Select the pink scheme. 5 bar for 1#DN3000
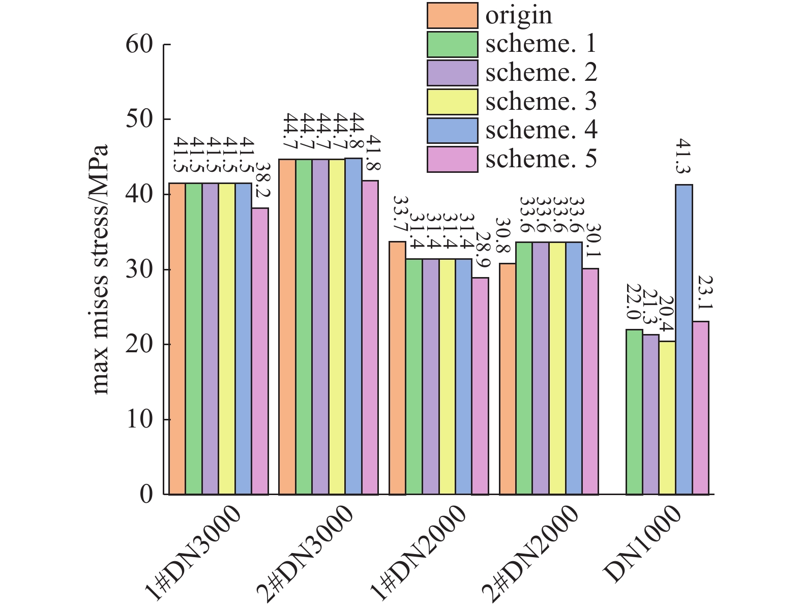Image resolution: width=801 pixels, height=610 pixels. [x=260, y=351]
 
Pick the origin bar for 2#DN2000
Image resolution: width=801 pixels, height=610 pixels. [x=508, y=379]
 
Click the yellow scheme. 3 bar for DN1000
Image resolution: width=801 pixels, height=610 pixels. [x=667, y=417]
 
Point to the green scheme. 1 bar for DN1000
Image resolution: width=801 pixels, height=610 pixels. [x=634, y=412]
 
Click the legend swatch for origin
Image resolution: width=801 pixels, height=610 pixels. [x=452, y=16]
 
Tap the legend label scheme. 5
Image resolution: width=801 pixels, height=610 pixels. [x=541, y=159]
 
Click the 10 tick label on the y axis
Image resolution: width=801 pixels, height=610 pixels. [x=139, y=419]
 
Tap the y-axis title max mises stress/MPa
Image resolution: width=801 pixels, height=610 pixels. [x=101, y=269]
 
